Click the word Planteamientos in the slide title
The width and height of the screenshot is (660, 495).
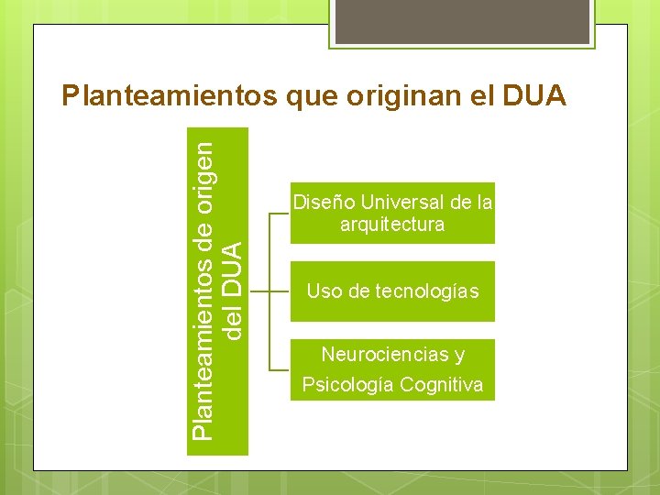168,96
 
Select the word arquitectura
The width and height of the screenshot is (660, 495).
392,224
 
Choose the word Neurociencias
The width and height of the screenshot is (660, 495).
381,355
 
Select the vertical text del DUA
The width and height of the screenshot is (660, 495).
234,289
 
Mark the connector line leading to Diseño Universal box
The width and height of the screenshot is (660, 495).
280,213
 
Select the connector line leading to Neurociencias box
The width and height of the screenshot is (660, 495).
280,370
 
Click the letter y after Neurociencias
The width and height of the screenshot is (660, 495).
459,356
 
